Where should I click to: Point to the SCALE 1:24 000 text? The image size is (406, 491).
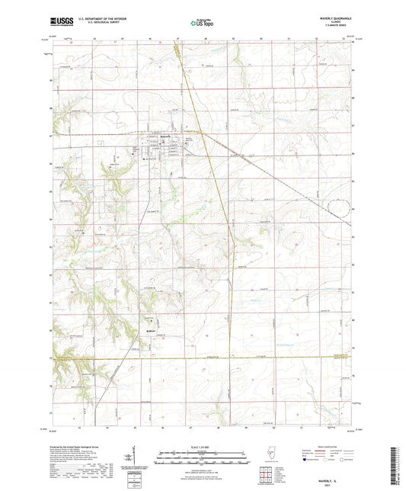[x=203, y=448]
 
